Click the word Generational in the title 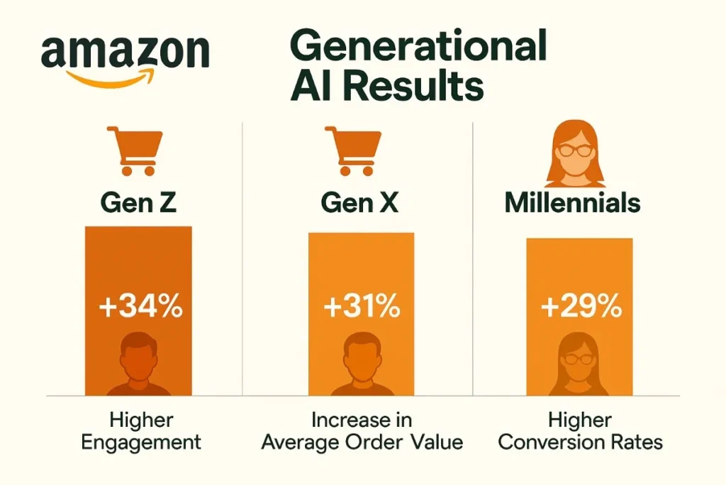tap(418, 48)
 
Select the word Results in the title tap(419, 88)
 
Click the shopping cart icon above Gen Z tap(135, 151)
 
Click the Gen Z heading tap(138, 203)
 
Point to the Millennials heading tap(572, 203)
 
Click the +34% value tap(140, 309)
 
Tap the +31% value tap(361, 309)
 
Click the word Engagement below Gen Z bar tap(141, 442)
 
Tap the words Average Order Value tap(362, 442)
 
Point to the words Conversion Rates tap(580, 442)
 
